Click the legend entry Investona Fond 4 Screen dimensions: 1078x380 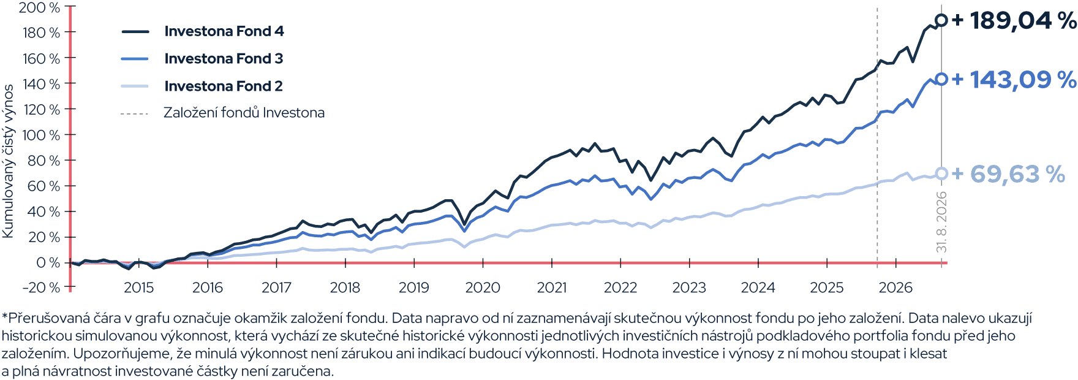tap(224, 31)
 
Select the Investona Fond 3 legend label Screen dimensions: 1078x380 tap(224, 59)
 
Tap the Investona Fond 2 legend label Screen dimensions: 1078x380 tap(224, 86)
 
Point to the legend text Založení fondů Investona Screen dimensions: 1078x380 tap(244, 113)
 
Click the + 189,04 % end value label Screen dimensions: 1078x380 tap(1014, 20)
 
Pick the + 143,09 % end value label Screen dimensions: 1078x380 tap(1014, 80)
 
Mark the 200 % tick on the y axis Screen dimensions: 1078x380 tap(39, 7)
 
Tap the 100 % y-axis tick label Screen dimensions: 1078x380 tap(40, 135)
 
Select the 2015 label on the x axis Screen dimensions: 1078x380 tap(138, 287)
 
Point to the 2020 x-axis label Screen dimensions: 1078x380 tap(483, 287)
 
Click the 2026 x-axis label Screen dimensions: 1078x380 tap(895, 287)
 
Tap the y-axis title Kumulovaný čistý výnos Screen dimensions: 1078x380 tap(8, 161)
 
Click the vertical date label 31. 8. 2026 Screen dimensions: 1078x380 tap(941, 222)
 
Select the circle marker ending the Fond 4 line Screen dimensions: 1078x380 tap(941, 20)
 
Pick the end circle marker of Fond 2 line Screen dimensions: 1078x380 tap(941, 174)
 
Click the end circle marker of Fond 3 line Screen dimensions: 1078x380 tap(941, 79)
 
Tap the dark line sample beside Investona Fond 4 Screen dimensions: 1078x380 tap(135, 31)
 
